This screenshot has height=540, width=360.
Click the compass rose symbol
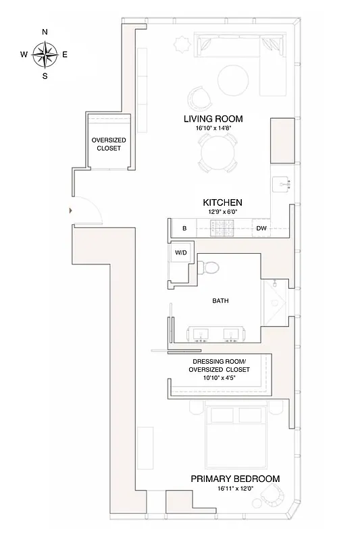(45, 54)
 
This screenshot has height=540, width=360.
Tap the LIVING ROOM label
(213, 119)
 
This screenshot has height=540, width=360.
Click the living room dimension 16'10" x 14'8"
(213, 128)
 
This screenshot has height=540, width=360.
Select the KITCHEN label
(222, 202)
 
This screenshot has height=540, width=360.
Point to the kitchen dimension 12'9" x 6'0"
(222, 211)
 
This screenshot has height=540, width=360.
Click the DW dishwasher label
(261, 229)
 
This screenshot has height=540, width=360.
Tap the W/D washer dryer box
(180, 252)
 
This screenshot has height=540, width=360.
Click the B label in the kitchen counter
(184, 229)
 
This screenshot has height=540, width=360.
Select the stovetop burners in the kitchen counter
(222, 230)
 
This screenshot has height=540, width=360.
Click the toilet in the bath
(211, 267)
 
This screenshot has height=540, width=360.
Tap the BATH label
(220, 301)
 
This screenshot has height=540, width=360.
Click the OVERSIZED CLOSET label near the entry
(109, 144)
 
